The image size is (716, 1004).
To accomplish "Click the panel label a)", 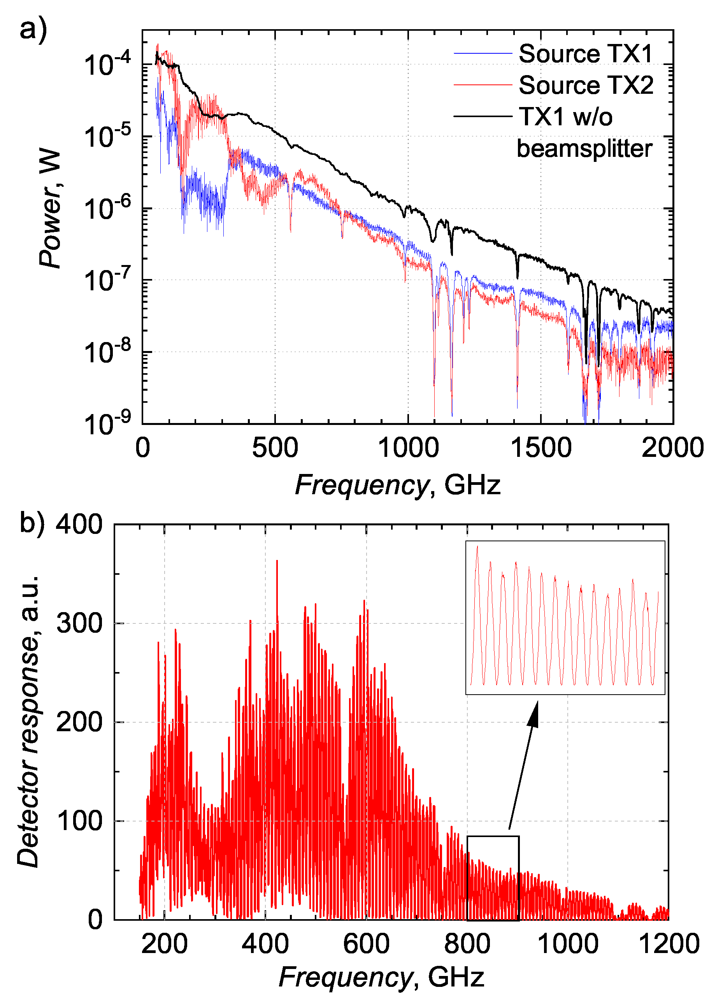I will pos(33,30).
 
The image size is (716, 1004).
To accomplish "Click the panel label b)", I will pos(32,523).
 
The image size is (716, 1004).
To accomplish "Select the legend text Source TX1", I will pos(586,54).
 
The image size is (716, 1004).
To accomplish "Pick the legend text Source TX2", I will pos(586,85).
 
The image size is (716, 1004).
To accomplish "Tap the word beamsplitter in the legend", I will pos(584,149).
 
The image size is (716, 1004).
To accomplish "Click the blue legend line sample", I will pos(483,53).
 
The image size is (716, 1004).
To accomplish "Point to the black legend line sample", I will pos(483,116).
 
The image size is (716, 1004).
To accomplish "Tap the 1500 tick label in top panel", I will pos(541,448).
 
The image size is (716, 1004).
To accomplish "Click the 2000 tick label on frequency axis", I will pos(672,448).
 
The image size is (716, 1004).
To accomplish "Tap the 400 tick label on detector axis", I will pos(79,525).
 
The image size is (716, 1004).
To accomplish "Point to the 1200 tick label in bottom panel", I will pos(669,944).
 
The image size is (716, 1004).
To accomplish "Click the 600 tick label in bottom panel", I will pos(366,944).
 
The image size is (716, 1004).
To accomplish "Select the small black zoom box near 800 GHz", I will pos(493,878).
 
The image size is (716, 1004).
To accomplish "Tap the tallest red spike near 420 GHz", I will pos(277,562).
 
